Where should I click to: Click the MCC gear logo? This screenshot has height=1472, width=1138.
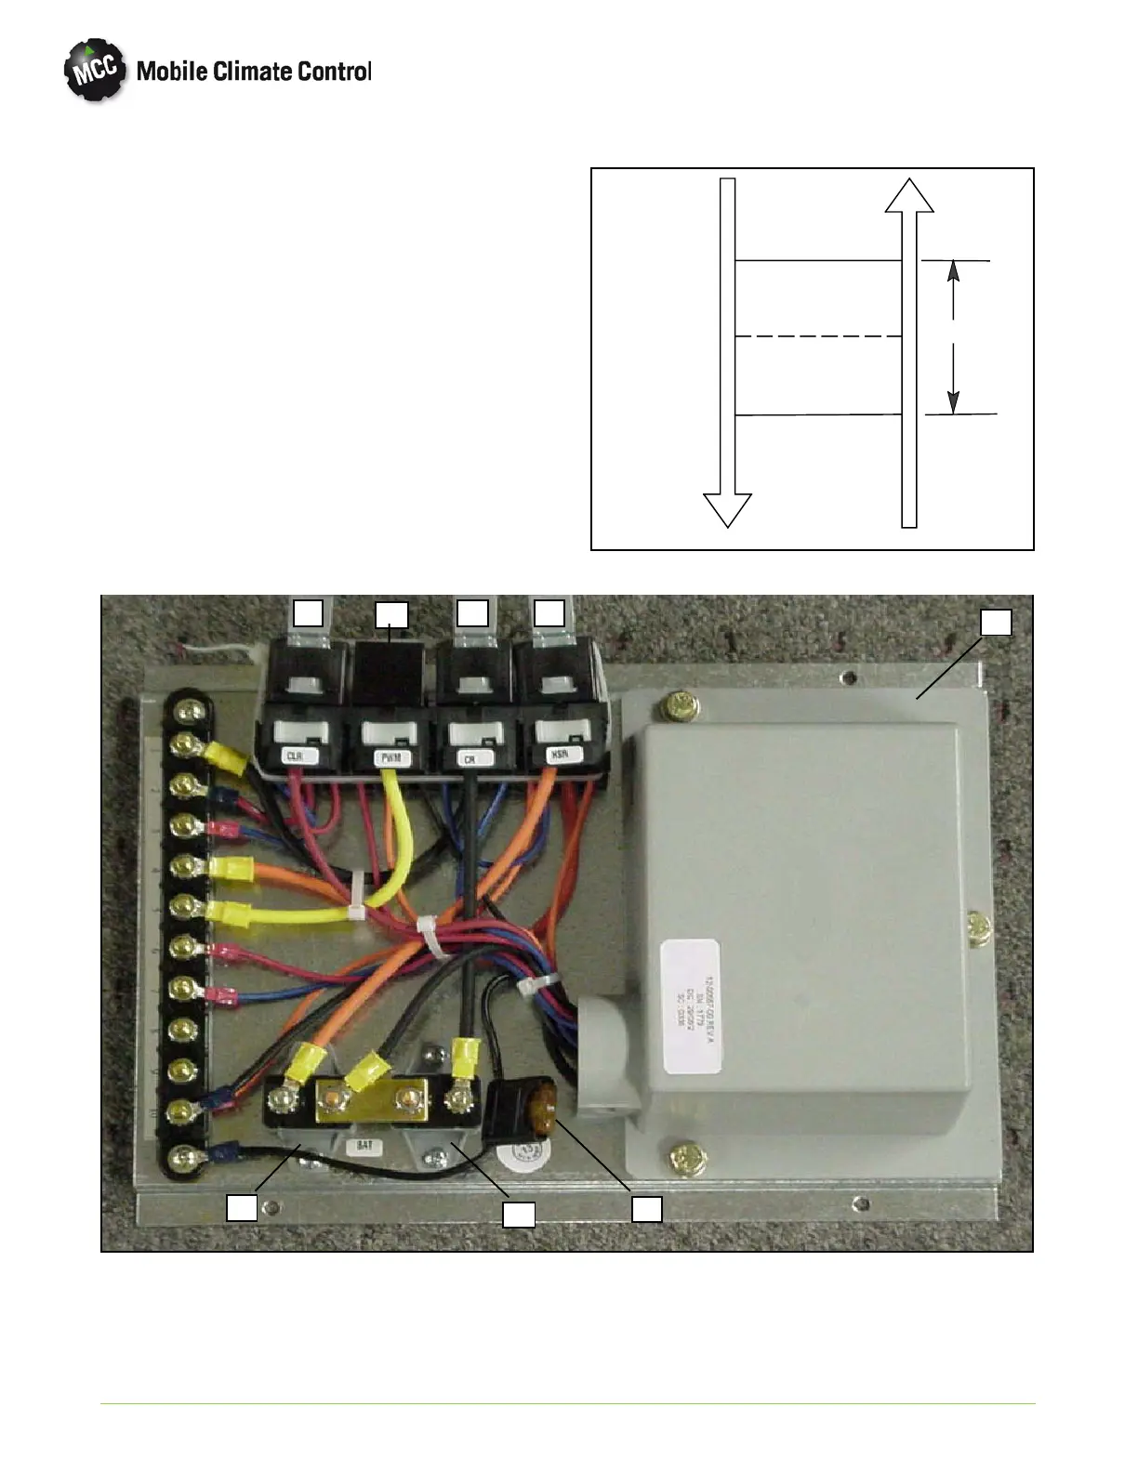point(94,71)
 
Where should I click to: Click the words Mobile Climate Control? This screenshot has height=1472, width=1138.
point(254,72)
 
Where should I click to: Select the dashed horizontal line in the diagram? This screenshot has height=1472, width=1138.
point(818,336)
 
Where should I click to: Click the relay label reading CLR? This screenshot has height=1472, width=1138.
point(295,756)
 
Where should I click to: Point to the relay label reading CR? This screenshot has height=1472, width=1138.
point(470,758)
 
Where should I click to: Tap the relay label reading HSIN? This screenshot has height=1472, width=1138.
point(560,756)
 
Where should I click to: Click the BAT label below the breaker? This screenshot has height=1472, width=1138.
point(364,1146)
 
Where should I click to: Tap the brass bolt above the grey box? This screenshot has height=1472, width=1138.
point(678,708)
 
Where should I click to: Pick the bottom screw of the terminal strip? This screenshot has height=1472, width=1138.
point(190,1158)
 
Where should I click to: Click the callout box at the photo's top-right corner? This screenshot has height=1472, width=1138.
point(997,622)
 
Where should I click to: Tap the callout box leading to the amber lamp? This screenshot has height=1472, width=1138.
point(647,1208)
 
